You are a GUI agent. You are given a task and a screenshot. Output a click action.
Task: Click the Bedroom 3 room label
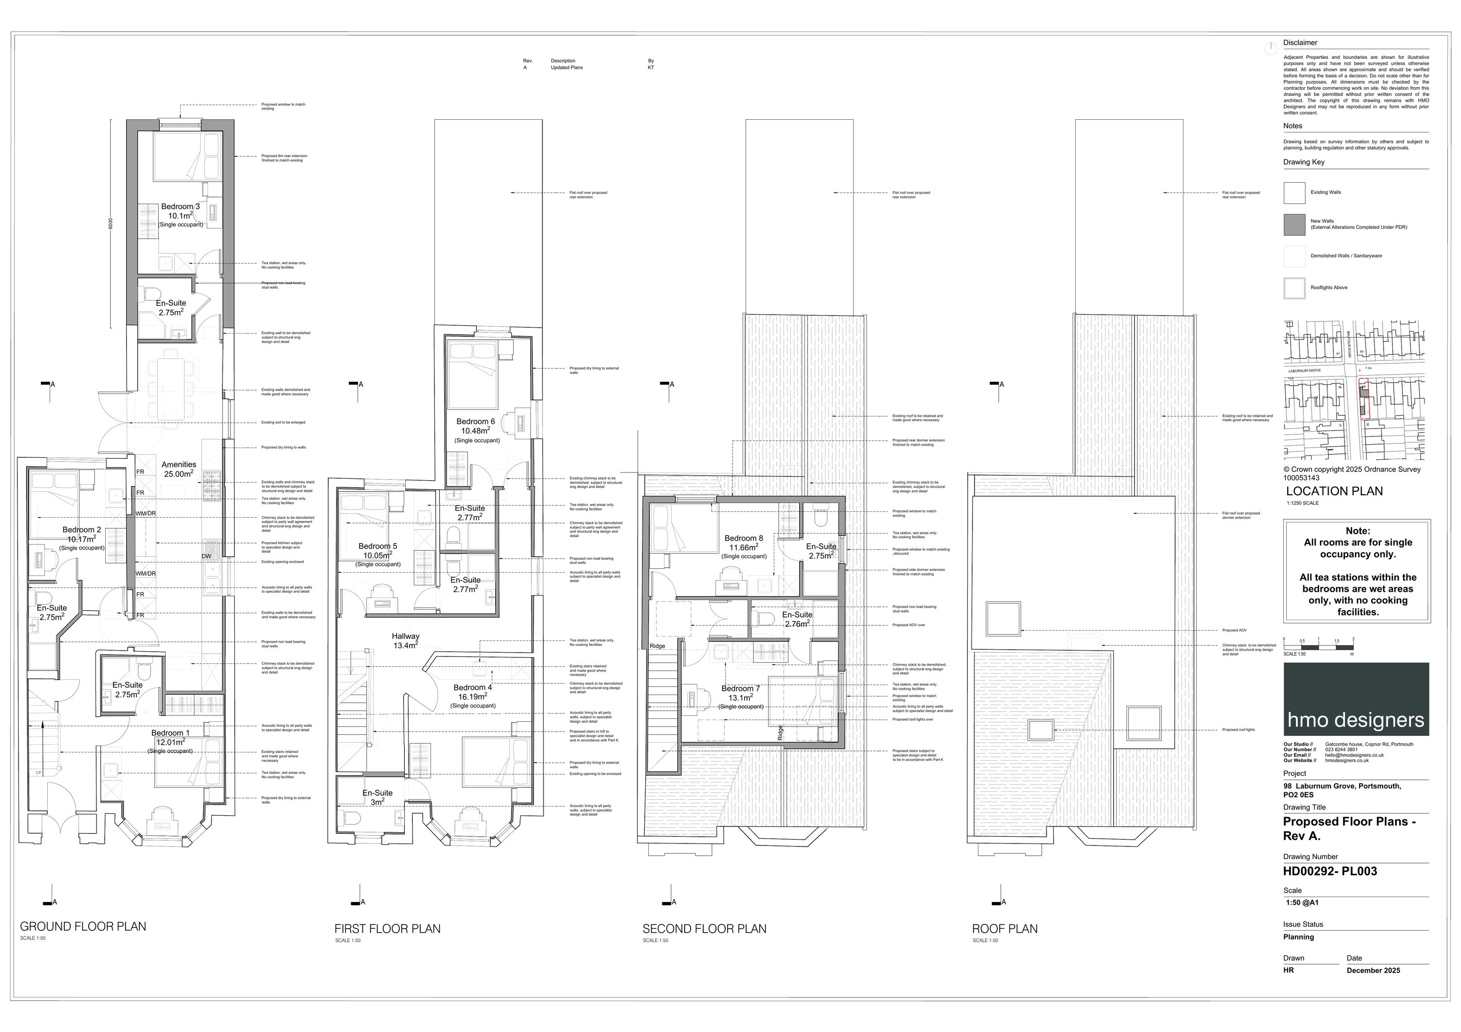pyautogui.click(x=180, y=207)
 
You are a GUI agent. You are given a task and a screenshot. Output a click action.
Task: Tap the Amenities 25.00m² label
pyautogui.click(x=179, y=469)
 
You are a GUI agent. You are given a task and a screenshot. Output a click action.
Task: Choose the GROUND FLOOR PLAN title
pyautogui.click(x=83, y=926)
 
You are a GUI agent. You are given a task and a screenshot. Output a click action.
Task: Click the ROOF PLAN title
pyautogui.click(x=1004, y=929)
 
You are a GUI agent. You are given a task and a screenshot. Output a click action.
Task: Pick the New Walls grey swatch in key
pyautogui.click(x=1294, y=225)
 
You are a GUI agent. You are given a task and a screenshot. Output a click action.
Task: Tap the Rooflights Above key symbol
pyautogui.click(x=1294, y=288)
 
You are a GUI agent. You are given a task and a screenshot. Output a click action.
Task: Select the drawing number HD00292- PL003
pyautogui.click(x=1330, y=872)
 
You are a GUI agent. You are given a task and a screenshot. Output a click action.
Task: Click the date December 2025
pyautogui.click(x=1373, y=970)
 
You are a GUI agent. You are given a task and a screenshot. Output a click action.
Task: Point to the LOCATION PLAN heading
pyautogui.click(x=1334, y=491)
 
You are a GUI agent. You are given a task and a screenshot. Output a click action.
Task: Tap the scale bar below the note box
pyautogui.click(x=1318, y=647)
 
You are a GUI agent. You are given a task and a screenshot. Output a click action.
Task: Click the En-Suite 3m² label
pyautogui.click(x=377, y=797)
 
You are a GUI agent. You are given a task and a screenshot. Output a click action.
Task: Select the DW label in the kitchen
pyautogui.click(x=206, y=556)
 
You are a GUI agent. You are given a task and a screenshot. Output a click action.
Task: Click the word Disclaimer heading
pyautogui.click(x=1300, y=43)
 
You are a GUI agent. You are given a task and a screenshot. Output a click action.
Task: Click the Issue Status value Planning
pyautogui.click(x=1298, y=937)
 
